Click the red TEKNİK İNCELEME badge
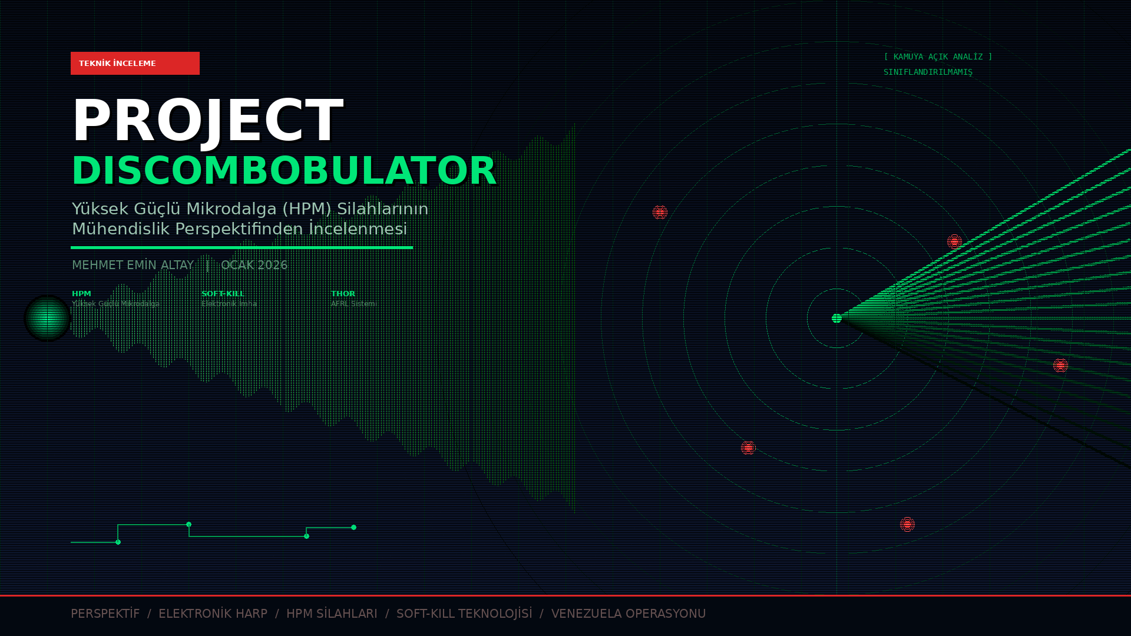click(x=135, y=63)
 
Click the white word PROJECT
click(x=207, y=121)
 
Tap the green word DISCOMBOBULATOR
click(x=284, y=171)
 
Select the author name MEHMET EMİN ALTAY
click(x=133, y=265)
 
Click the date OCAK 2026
click(x=254, y=265)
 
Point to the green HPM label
click(x=81, y=293)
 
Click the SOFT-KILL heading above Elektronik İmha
click(x=223, y=293)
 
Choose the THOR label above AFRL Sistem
click(x=343, y=293)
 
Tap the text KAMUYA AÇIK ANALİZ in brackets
click(x=938, y=57)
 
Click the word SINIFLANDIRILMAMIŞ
click(x=928, y=72)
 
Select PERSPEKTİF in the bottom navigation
click(x=105, y=614)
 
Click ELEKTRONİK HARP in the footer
click(x=213, y=614)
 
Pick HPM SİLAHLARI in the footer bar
click(x=332, y=614)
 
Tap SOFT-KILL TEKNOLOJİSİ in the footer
click(x=464, y=614)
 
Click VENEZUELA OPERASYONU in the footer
click(x=628, y=614)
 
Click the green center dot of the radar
click(x=836, y=318)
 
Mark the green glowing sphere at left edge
click(x=47, y=318)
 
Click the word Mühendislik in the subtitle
click(x=121, y=229)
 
